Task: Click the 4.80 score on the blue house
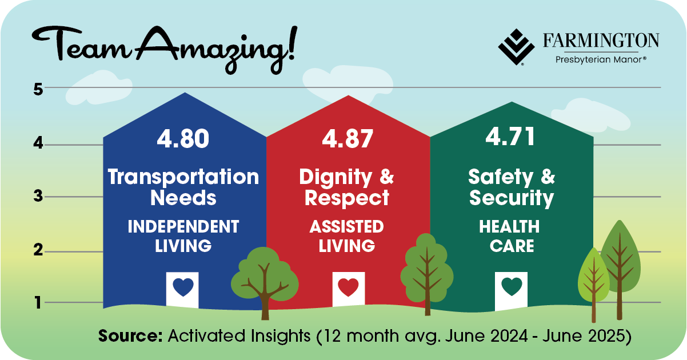click(x=183, y=139)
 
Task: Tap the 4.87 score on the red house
click(x=348, y=139)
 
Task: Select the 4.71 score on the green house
click(x=510, y=136)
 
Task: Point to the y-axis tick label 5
click(x=38, y=90)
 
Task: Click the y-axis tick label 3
click(x=38, y=196)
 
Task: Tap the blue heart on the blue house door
click(x=183, y=287)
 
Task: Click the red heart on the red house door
click(x=348, y=287)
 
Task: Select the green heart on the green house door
click(x=512, y=286)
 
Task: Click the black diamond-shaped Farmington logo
click(x=517, y=47)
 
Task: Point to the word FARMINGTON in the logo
click(x=601, y=41)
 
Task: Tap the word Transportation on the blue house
click(x=183, y=177)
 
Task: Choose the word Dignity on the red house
click(x=335, y=178)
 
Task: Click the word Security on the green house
click(x=512, y=198)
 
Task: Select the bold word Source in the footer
click(x=130, y=335)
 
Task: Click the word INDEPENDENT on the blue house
click(x=183, y=227)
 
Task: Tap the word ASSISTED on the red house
click(x=347, y=227)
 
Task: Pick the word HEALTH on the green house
click(x=509, y=227)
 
